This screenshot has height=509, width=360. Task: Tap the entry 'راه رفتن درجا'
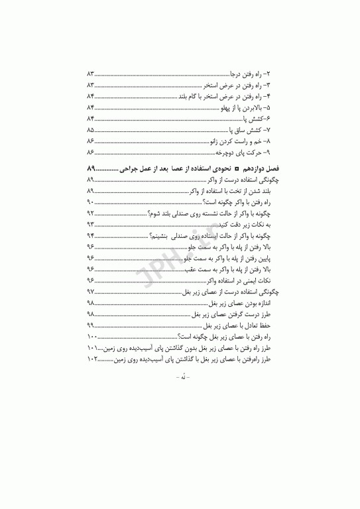pos(253,72)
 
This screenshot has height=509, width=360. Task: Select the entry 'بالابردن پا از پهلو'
pos(248,107)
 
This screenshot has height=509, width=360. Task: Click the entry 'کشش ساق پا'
pos(251,129)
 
